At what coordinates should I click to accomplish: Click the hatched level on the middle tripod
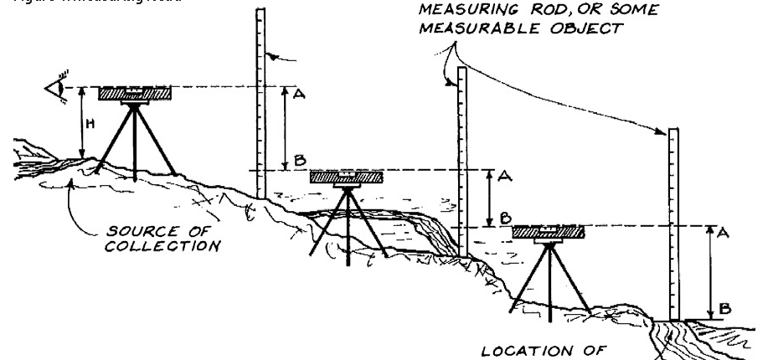[x=347, y=177]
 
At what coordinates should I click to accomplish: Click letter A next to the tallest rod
[x=300, y=95]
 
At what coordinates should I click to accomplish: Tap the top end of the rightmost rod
[x=673, y=130]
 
